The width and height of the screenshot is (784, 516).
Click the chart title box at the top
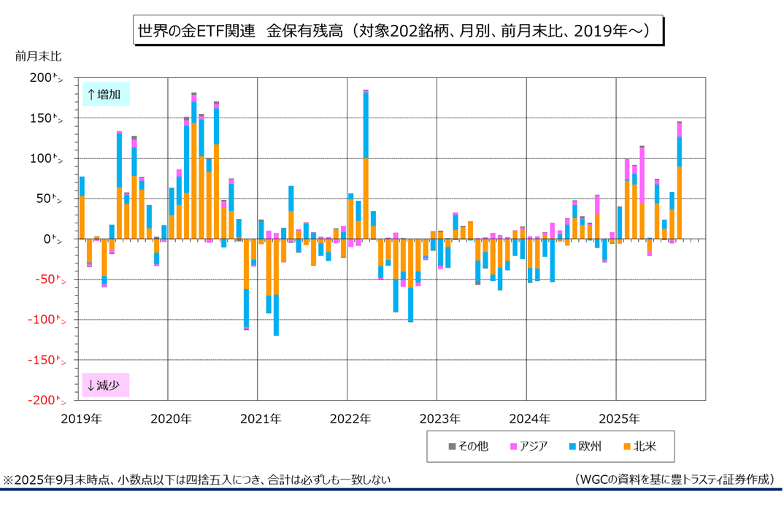tap(398, 31)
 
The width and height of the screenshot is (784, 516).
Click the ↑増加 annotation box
tap(105, 94)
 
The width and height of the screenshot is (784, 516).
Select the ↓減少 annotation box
tap(105, 385)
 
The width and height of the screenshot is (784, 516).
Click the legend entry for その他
tap(469, 446)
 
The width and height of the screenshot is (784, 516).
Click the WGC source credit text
tap(672, 480)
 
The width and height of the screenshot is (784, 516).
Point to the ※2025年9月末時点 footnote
tap(197, 480)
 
